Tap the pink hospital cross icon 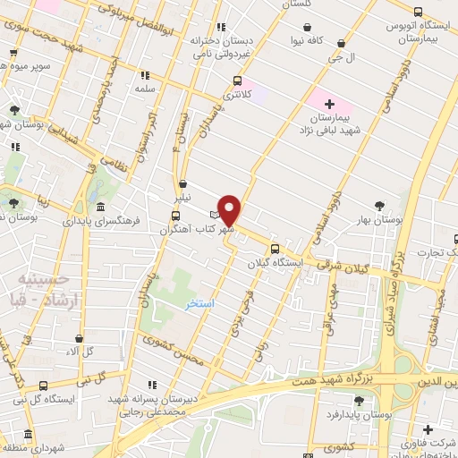coord(329,105)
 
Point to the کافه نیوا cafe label coord(327,40)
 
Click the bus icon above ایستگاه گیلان coord(275,249)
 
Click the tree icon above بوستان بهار coord(381,205)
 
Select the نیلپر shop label coord(182,195)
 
